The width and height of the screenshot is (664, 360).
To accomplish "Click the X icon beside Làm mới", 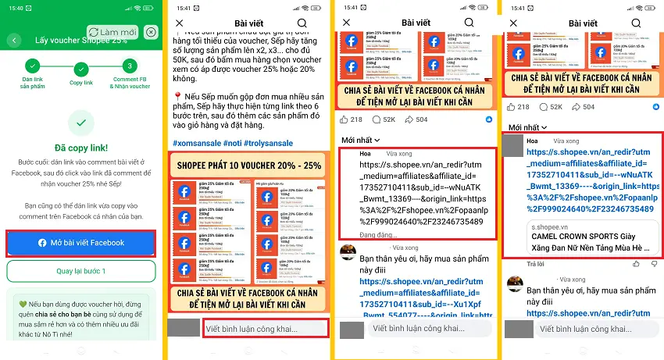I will tap(151, 32).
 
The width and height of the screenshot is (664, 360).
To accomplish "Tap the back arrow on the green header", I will tap(14, 40).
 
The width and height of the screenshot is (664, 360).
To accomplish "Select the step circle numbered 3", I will tap(130, 66).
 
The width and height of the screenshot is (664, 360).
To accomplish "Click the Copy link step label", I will tap(81, 82).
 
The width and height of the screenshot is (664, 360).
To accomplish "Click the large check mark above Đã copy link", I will tap(81, 123).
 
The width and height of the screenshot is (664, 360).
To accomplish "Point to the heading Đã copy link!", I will tap(81, 148).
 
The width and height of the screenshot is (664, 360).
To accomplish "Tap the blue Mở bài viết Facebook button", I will tap(81, 243).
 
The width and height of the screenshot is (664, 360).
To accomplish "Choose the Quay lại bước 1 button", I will tap(81, 271).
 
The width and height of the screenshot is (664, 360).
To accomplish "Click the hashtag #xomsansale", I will tap(198, 143).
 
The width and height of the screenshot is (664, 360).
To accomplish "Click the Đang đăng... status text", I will tap(377, 234).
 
